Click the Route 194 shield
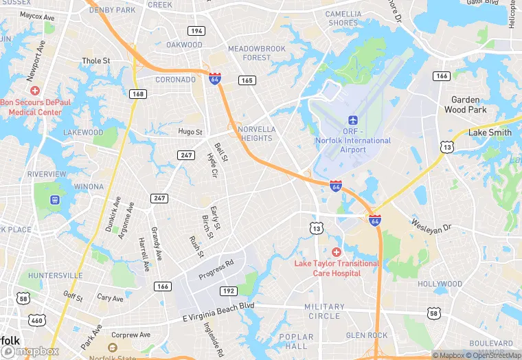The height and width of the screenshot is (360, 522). tap(197, 31)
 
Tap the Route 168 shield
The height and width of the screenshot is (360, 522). tap(139, 94)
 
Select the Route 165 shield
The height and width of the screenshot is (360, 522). tap(247, 80)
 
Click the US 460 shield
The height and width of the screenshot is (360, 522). tap(36, 320)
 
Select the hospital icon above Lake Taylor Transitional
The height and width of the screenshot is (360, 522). tap(336, 252)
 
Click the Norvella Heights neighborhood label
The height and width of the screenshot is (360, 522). tap(256, 133)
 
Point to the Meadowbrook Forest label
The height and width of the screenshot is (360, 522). tap(256, 53)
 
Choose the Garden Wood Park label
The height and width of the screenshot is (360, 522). tap(465, 104)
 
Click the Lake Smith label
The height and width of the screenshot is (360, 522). tap(490, 133)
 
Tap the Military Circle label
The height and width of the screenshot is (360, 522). tap(324, 311)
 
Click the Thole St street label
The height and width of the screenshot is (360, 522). tap(96, 61)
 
